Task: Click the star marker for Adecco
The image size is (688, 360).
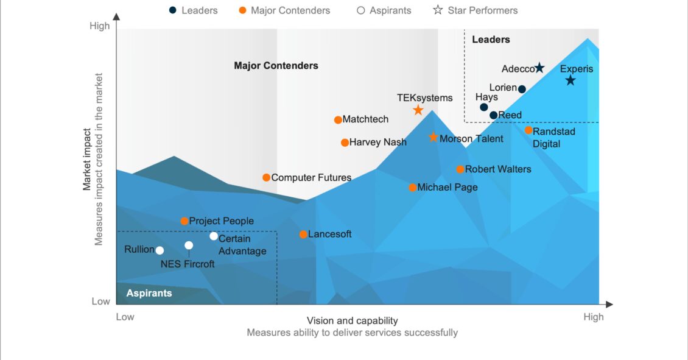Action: click(x=539, y=68)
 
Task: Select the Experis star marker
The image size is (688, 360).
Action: click(x=570, y=80)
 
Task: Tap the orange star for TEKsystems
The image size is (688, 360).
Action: click(x=418, y=110)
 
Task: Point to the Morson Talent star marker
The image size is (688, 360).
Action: click(x=433, y=138)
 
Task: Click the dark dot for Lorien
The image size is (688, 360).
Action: click(x=522, y=89)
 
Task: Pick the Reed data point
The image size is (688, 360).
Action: click(x=493, y=115)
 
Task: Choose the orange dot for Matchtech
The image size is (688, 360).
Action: click(x=338, y=120)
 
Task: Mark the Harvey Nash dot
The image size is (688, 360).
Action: click(x=345, y=143)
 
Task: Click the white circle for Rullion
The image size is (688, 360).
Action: click(x=160, y=250)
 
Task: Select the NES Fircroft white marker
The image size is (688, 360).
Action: click(x=189, y=245)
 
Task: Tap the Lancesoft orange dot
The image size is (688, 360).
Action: click(x=303, y=235)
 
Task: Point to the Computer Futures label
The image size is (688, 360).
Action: click(x=311, y=178)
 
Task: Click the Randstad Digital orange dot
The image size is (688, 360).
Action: click(x=528, y=130)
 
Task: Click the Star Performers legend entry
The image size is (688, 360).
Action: click(x=476, y=10)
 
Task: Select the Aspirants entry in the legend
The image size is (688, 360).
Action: click(x=384, y=10)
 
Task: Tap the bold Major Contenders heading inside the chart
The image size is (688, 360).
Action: click(x=276, y=66)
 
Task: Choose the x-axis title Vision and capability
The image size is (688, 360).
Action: click(x=352, y=321)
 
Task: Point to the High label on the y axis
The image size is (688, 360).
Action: click(x=99, y=26)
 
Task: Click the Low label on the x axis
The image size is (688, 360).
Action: click(x=125, y=317)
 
